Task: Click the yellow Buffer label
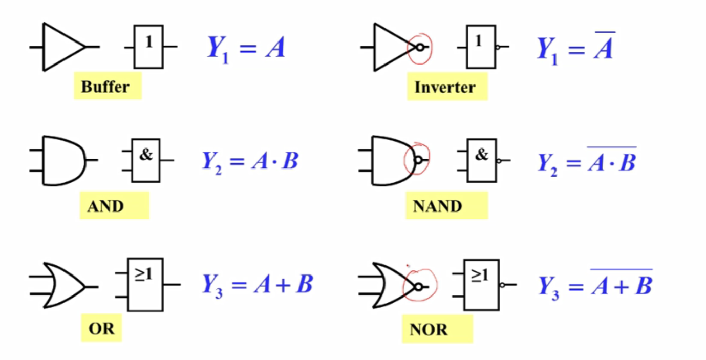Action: tap(107, 86)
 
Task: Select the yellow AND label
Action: tap(114, 206)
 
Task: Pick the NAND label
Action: tap(446, 206)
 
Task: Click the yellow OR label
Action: tap(102, 328)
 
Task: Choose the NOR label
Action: tap(437, 329)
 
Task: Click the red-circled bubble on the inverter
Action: tap(420, 47)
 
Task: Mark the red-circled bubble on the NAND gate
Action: tap(418, 160)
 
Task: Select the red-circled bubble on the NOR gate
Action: tap(419, 286)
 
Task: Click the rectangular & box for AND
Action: tap(146, 160)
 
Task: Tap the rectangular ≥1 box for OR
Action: tap(145, 285)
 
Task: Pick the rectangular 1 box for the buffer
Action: tap(148, 47)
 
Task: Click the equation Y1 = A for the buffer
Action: tap(246, 48)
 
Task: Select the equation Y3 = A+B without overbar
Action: tap(257, 285)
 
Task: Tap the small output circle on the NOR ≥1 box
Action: tap(503, 285)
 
